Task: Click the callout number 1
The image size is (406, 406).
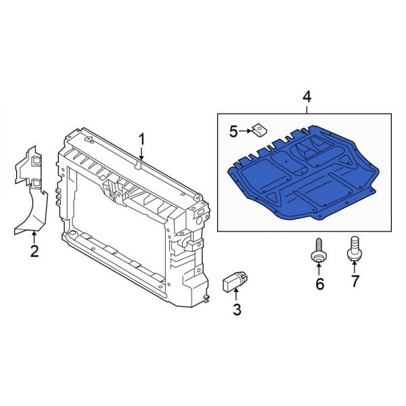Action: (142, 139)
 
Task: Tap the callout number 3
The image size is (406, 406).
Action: (236, 311)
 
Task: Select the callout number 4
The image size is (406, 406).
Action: (307, 98)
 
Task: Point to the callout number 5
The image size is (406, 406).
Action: (233, 131)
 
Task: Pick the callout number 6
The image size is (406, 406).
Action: (320, 284)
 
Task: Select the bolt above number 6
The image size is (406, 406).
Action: (317, 251)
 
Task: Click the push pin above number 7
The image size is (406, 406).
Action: (353, 248)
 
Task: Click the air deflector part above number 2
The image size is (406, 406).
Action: (32, 196)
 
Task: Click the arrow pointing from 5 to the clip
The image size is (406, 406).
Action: (246, 131)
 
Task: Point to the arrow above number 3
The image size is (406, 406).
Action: (235, 296)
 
